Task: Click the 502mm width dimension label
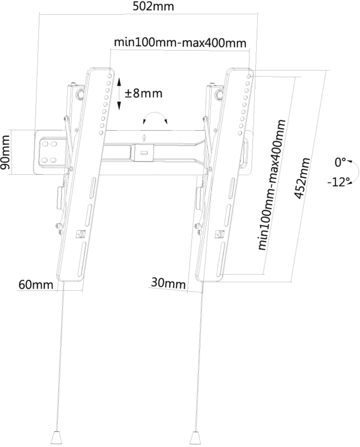153,6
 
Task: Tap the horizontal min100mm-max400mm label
180,43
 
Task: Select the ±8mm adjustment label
143,94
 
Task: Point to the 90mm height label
5,152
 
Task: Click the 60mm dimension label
36,285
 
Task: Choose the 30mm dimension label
168,283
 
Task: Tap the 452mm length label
302,178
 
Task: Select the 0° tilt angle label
340,162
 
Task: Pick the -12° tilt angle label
338,182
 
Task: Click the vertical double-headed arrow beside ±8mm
119,94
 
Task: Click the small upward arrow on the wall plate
144,138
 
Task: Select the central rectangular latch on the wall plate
144,153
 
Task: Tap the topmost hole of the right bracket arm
249,77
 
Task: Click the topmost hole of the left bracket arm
110,76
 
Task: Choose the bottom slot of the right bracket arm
221,259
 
